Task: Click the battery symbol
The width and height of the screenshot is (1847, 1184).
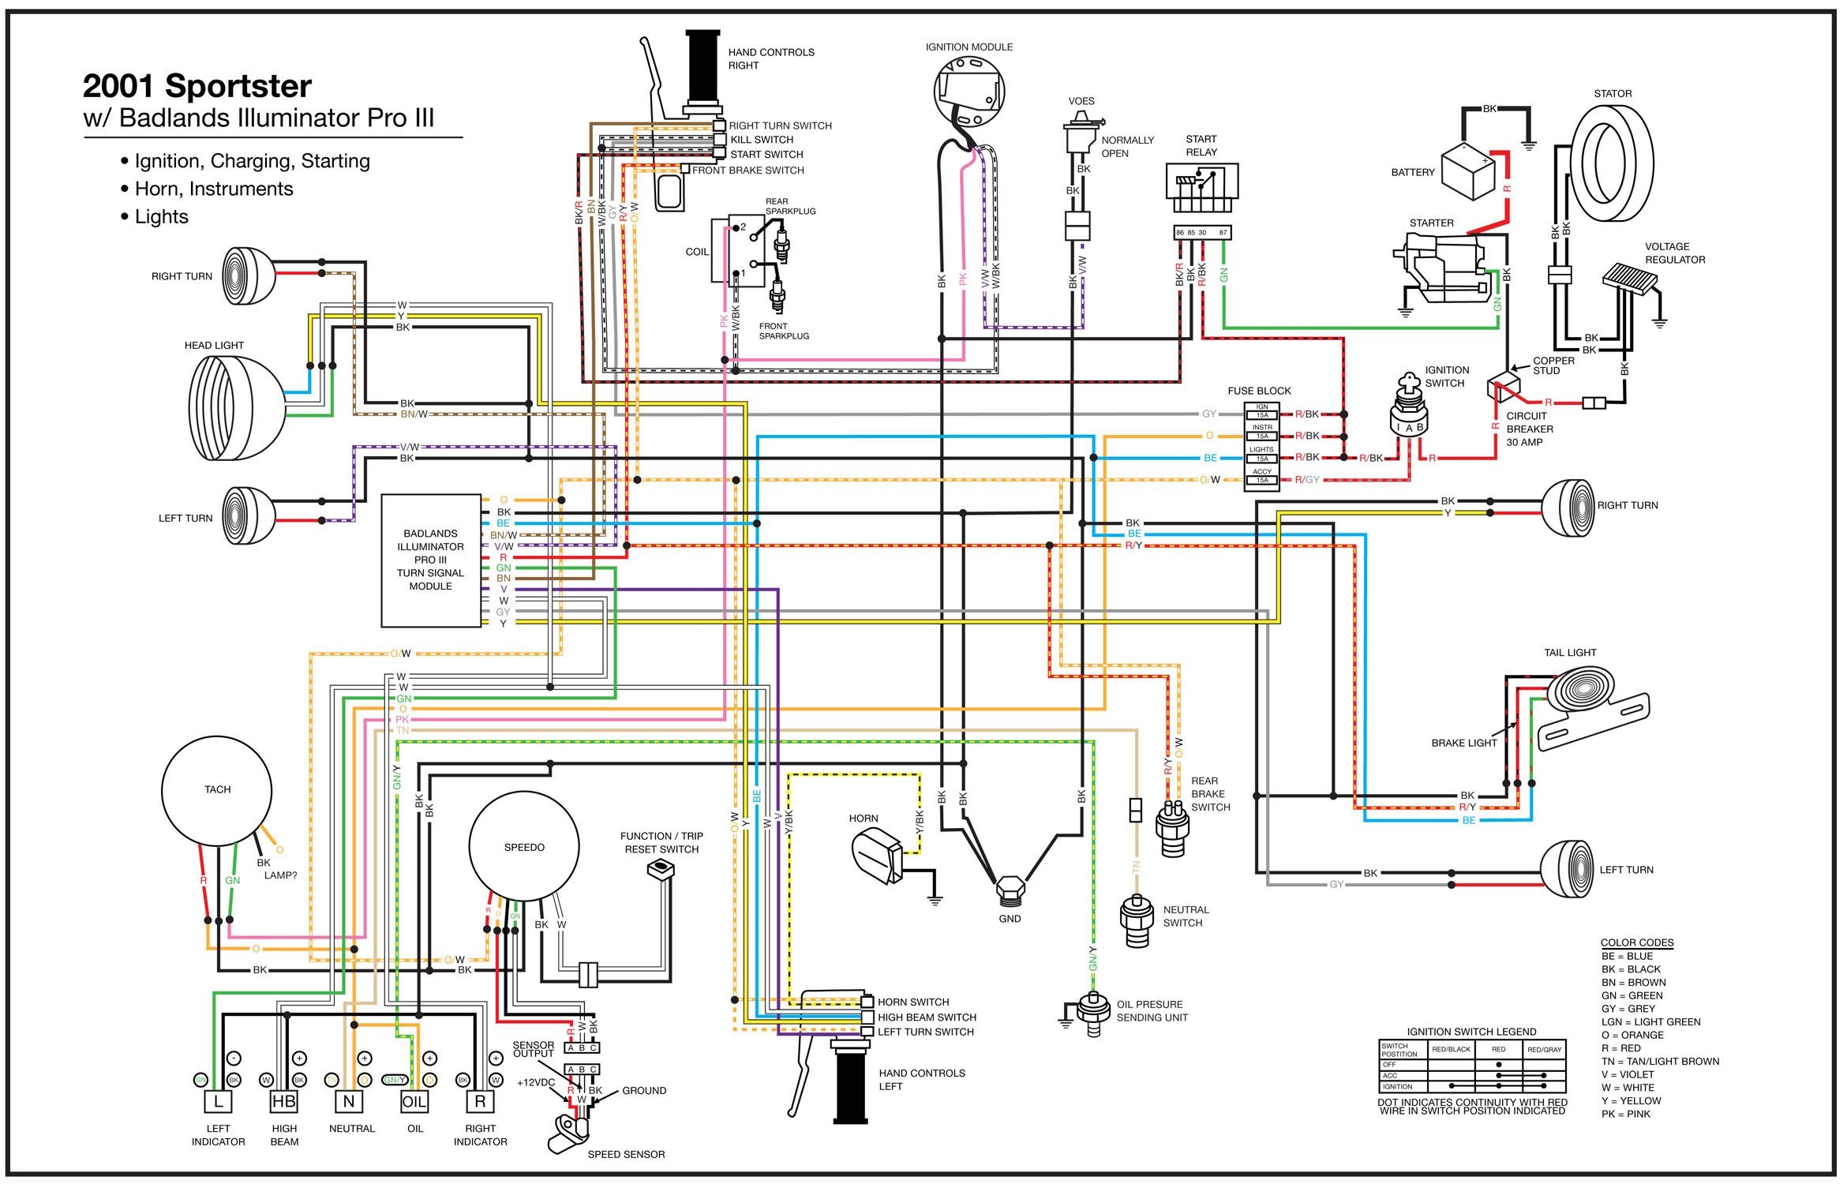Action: click(1469, 174)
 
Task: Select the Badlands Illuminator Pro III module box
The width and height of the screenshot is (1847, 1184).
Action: click(431, 560)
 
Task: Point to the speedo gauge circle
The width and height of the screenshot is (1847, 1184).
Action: click(524, 847)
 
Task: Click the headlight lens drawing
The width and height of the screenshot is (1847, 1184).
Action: click(237, 407)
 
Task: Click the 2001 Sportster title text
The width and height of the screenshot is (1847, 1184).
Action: click(197, 86)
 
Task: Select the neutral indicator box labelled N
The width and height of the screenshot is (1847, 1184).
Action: click(348, 1101)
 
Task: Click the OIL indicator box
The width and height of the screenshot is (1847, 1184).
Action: click(414, 1101)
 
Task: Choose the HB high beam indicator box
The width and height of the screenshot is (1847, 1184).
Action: click(283, 1101)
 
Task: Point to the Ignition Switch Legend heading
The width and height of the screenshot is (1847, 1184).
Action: click(1471, 1032)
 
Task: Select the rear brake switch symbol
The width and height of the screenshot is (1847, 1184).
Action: click(1171, 829)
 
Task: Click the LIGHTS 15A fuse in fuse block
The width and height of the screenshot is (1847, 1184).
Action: click(1261, 459)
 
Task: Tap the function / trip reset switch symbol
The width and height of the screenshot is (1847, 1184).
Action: click(659, 869)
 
